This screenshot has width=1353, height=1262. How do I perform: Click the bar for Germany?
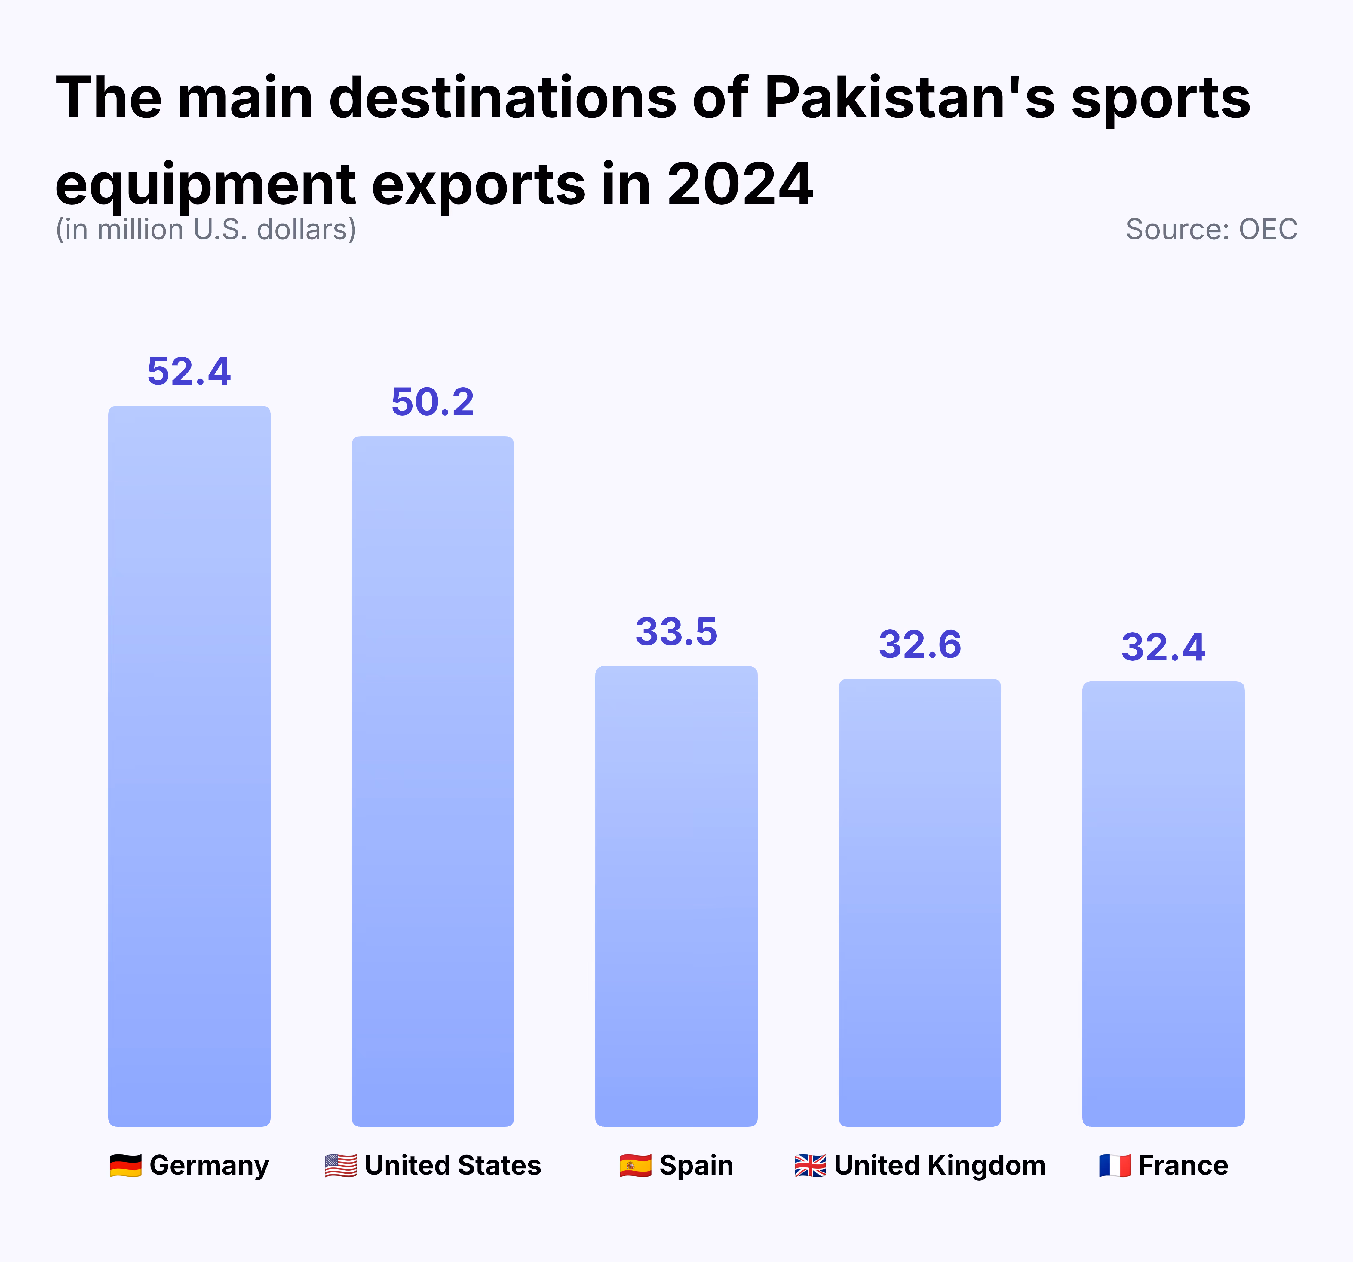point(189,765)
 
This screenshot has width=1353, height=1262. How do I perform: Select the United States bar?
point(433,781)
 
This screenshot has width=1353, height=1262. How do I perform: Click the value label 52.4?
point(189,371)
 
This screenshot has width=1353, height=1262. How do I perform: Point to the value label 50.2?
point(433,402)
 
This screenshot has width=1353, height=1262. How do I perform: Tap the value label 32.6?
point(919,644)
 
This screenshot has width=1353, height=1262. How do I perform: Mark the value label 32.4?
point(1163,647)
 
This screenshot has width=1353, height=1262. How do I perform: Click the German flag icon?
point(126,1165)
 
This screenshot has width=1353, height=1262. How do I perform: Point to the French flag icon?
point(1115,1165)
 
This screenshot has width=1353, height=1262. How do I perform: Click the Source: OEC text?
point(1211,229)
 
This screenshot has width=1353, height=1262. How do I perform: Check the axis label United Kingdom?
point(939,1165)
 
